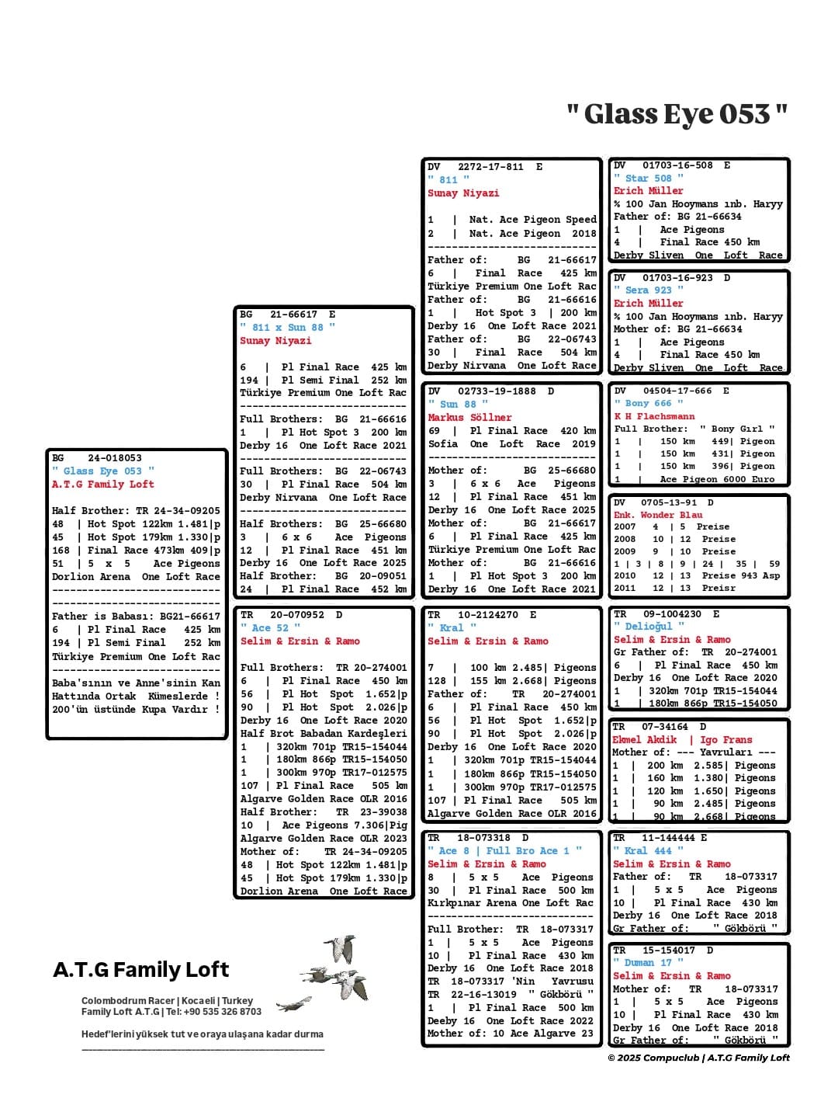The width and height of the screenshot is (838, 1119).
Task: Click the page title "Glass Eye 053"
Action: [x=677, y=114]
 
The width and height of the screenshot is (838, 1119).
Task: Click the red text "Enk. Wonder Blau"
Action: [x=658, y=515]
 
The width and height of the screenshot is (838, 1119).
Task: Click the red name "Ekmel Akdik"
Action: [x=645, y=740]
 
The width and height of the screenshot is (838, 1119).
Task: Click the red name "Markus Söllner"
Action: [x=469, y=418]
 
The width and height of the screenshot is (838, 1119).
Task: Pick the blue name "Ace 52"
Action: [x=270, y=628]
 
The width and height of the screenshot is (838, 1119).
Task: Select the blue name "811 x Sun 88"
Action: [x=287, y=328]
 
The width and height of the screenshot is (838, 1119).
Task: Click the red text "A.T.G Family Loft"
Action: [x=103, y=485]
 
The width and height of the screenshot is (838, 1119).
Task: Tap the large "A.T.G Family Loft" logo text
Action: [x=140, y=970]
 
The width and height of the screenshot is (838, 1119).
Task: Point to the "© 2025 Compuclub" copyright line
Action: [x=698, y=1058]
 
